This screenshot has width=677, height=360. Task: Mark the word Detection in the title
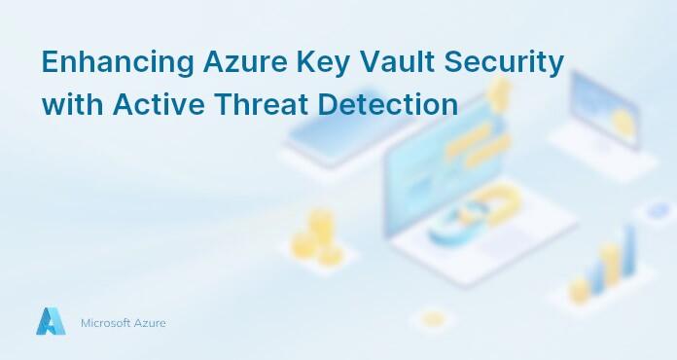coord(390,104)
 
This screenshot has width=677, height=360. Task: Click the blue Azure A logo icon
coord(51,321)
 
